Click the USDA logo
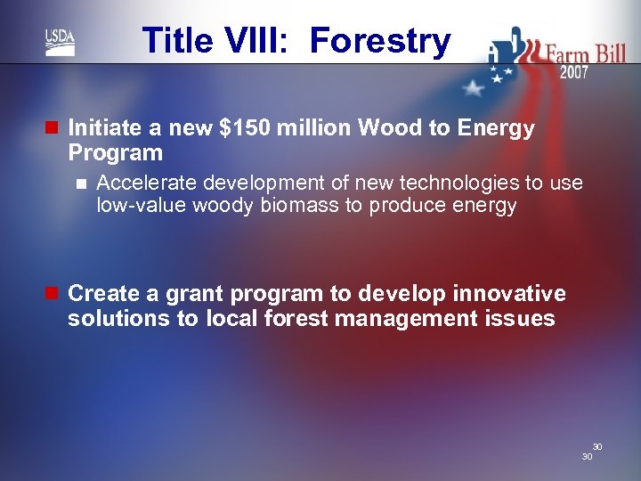click(x=61, y=42)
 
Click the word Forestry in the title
click(x=380, y=41)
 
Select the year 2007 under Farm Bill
click(x=573, y=72)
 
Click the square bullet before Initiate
click(x=52, y=128)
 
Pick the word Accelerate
click(x=146, y=183)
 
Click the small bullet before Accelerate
click(x=82, y=183)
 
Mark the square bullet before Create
click(x=52, y=294)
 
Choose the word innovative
click(x=510, y=294)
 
